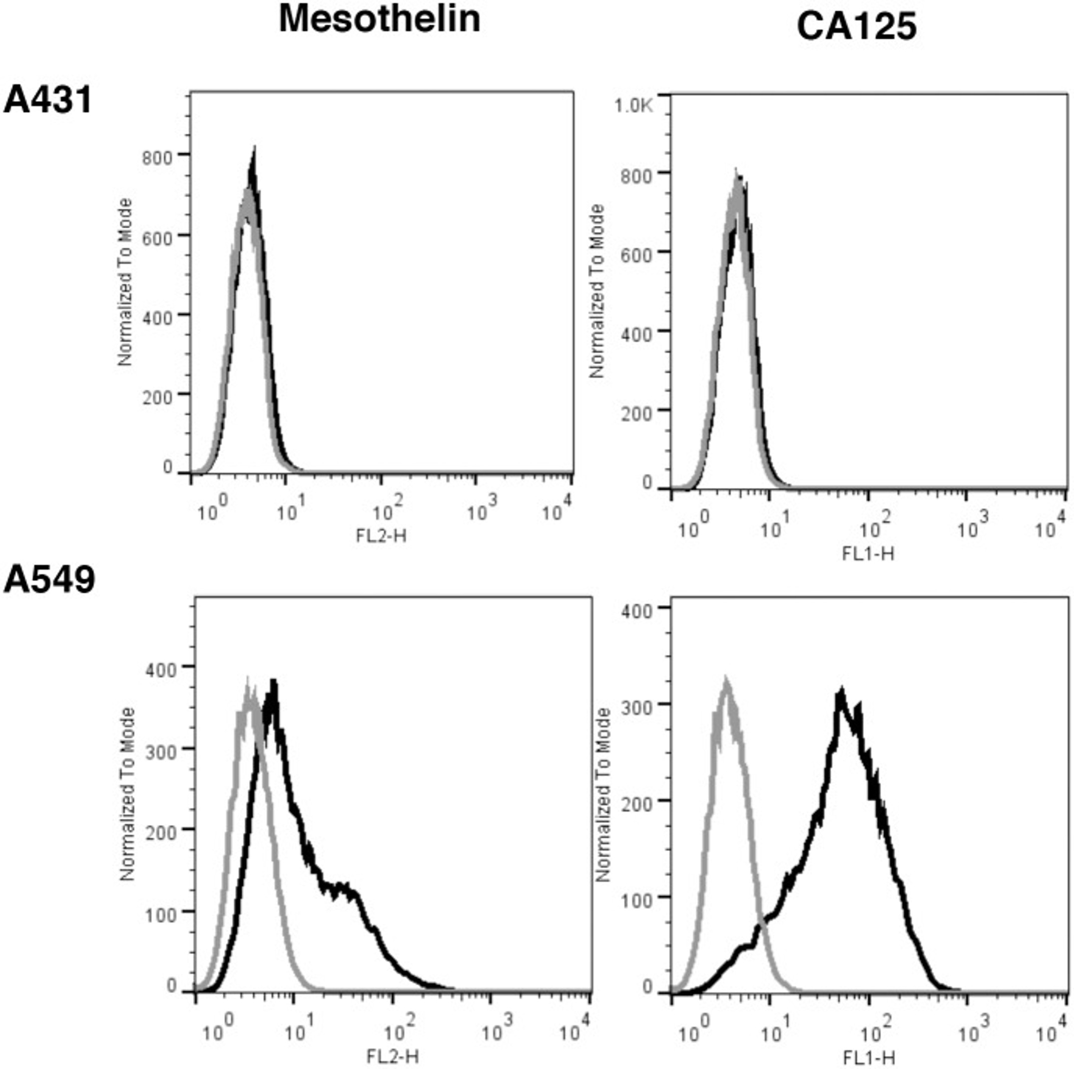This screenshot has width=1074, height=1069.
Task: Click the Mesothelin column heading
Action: [x=379, y=19]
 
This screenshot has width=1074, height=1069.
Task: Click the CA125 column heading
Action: [x=856, y=26]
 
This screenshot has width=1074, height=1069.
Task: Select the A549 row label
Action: [x=49, y=580]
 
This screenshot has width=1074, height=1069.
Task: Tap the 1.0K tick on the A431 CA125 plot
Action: [x=633, y=105]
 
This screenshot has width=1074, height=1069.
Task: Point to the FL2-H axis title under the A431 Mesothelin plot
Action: [x=381, y=536]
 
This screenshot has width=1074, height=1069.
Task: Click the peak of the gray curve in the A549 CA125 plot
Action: [x=726, y=679]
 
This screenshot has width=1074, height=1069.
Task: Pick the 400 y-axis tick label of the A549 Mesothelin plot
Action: [x=161, y=670]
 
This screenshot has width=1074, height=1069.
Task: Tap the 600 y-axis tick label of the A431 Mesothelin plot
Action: [x=157, y=238]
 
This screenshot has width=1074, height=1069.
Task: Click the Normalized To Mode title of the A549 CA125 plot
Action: [x=602, y=795]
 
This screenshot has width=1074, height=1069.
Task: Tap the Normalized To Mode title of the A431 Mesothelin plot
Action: [x=125, y=282]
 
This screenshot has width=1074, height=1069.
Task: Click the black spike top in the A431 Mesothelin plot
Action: [x=254, y=148]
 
